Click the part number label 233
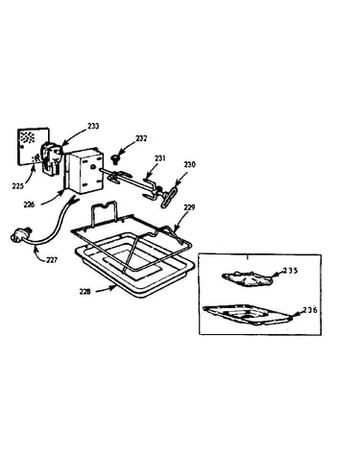click(93, 126)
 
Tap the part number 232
click(141, 138)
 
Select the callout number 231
click(160, 158)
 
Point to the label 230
click(189, 165)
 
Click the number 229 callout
click(189, 207)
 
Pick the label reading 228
click(85, 292)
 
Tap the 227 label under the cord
click(51, 260)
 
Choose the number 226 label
click(29, 204)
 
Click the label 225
click(18, 185)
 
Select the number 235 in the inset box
click(290, 271)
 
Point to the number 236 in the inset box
click(310, 310)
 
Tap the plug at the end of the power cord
click(18, 234)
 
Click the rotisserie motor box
click(84, 171)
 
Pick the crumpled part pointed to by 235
click(248, 278)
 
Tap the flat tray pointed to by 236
click(248, 315)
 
